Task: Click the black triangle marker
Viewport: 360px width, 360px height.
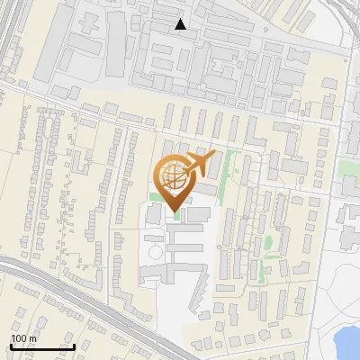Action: pyautogui.click(x=181, y=24)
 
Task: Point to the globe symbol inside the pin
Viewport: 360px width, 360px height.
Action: pyautogui.click(x=174, y=178)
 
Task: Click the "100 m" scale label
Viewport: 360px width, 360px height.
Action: pyautogui.click(x=23, y=338)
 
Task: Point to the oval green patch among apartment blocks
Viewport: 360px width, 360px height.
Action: pyautogui.click(x=268, y=244)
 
